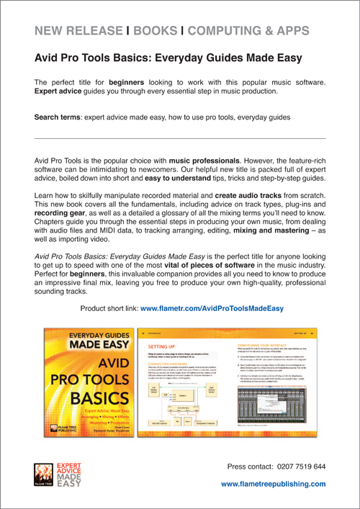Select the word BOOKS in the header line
tap(154, 30)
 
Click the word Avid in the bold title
tap(48, 56)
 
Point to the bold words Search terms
tap(59, 116)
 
